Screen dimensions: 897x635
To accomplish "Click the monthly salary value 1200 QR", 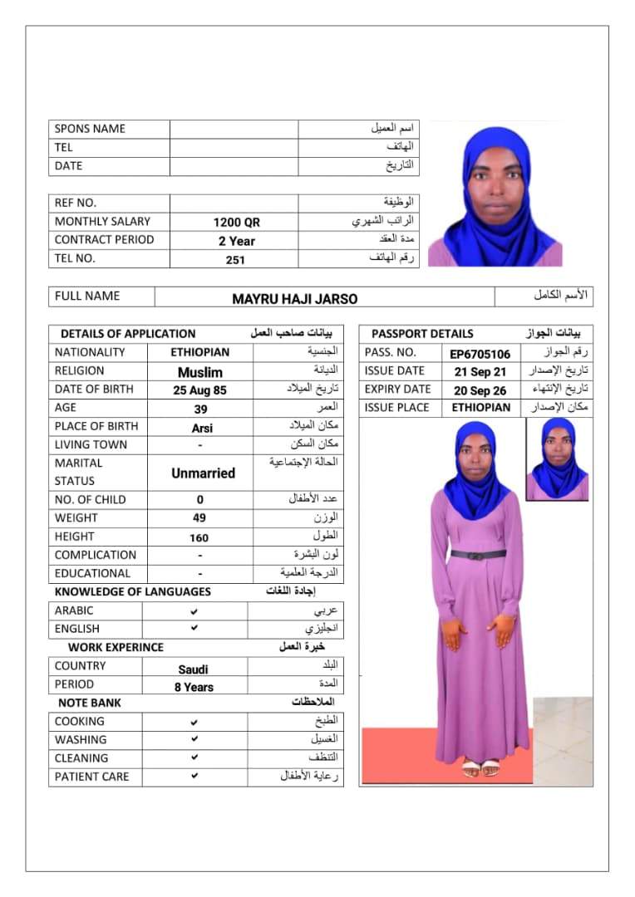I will click(236, 223).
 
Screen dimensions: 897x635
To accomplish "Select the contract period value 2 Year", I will click(236, 241).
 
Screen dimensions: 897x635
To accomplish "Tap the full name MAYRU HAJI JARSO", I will click(295, 299).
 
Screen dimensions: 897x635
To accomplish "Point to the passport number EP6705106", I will click(480, 354).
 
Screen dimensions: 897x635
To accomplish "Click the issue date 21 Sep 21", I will click(480, 372).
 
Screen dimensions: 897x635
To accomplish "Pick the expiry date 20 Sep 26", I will click(480, 390).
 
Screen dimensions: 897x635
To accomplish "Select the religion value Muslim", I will click(200, 372).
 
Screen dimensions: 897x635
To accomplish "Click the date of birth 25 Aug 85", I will click(200, 390).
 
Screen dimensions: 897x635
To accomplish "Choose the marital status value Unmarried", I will click(203, 473).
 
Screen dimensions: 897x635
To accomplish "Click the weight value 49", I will click(199, 518).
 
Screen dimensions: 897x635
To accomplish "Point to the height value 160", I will click(199, 537).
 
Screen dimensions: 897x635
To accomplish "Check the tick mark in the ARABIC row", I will click(194, 610).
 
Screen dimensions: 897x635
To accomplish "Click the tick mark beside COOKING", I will click(194, 722).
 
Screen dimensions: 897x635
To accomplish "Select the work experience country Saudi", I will click(194, 669).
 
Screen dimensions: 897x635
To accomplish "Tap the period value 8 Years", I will click(194, 688).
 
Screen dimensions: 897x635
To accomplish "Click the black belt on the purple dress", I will click(478, 554).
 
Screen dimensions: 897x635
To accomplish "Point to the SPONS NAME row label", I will click(90, 129).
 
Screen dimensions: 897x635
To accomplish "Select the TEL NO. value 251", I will click(235, 259).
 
